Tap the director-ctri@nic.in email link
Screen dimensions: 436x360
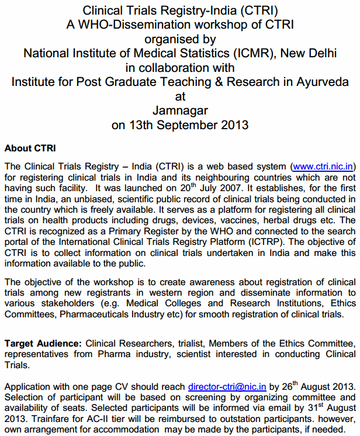[227, 386]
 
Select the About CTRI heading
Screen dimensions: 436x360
[30, 148]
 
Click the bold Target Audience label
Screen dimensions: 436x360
[43, 342]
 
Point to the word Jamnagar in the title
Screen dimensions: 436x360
[180, 110]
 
